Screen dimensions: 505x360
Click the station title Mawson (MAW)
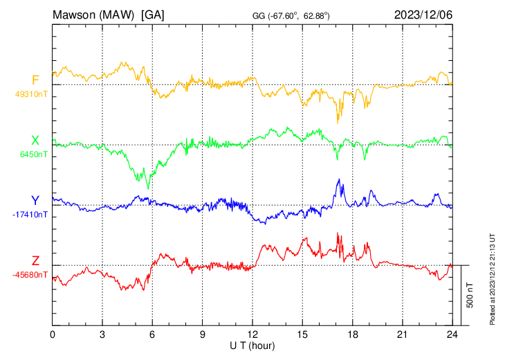click(x=93, y=15)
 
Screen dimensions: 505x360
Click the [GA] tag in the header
click(x=153, y=15)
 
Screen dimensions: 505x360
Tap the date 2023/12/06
click(x=423, y=15)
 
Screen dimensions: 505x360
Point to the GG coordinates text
click(x=291, y=16)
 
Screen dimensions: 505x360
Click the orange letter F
click(x=35, y=80)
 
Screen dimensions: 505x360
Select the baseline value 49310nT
click(x=31, y=94)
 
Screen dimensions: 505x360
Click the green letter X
click(x=35, y=141)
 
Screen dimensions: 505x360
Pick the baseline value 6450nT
click(x=33, y=154)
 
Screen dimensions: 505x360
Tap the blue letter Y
click(x=35, y=201)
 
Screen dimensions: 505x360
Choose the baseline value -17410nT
click(x=30, y=215)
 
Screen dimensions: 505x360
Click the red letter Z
click(x=35, y=260)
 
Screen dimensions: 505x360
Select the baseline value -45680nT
click(x=30, y=275)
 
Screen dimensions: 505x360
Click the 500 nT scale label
click(x=470, y=295)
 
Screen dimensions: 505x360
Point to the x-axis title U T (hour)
click(x=252, y=346)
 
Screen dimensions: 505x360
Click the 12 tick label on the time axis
click(x=252, y=334)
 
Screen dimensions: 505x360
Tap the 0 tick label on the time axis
click(x=53, y=334)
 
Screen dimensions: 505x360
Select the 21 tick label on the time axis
click(x=403, y=334)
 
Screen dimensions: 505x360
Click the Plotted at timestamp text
click(x=492, y=279)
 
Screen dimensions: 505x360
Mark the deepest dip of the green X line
click(x=148, y=189)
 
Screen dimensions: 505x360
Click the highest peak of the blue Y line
click(x=339, y=179)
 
